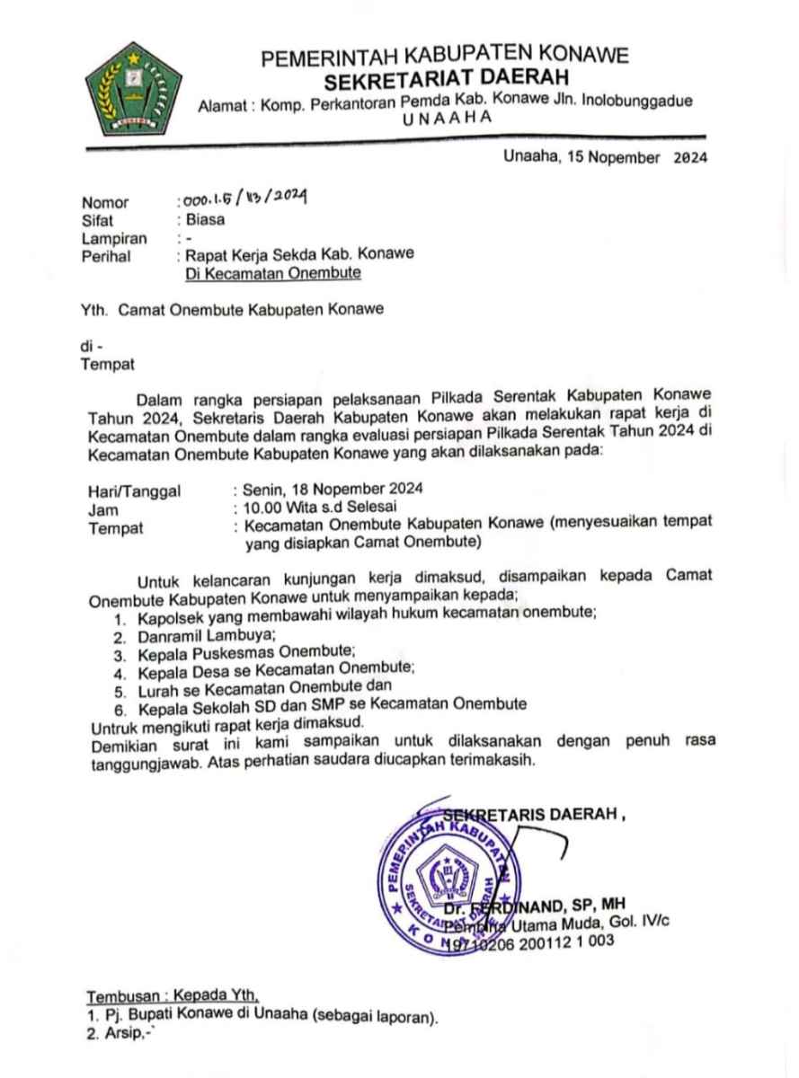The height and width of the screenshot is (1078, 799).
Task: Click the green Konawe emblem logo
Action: (x=132, y=88)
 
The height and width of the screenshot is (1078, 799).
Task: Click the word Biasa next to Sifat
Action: (x=205, y=218)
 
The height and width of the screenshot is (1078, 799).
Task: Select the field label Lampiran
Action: (x=114, y=238)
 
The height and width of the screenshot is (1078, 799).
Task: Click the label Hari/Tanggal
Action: (x=134, y=490)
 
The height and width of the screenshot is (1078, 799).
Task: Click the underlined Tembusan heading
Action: (x=173, y=996)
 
